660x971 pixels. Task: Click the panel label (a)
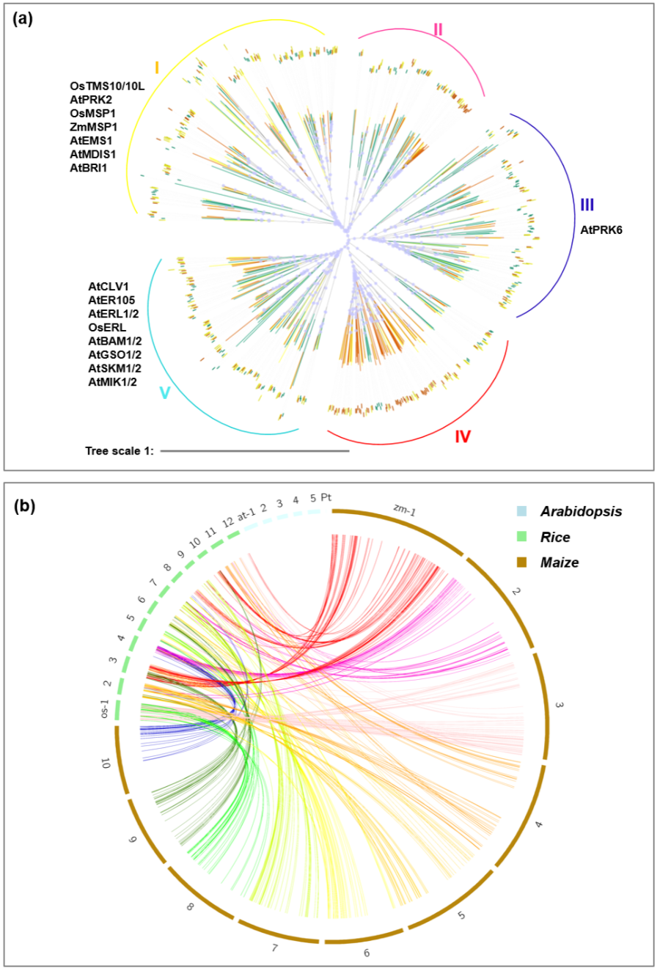coord(23,20)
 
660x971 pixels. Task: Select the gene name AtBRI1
coord(89,168)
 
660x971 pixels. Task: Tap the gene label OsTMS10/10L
coord(107,87)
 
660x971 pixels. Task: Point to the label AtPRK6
coord(601,230)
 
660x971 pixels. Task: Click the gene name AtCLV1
coord(109,286)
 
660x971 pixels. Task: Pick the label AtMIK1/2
coord(113,381)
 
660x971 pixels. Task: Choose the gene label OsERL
coord(107,327)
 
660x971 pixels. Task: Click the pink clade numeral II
coord(438,30)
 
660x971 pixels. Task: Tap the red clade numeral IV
coord(462,436)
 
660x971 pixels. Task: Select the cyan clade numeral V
coord(165,393)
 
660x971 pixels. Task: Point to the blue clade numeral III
coord(587,205)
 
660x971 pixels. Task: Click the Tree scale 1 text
coord(120,450)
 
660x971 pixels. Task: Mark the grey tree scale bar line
coord(254,450)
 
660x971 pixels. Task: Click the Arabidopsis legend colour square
coord(522,511)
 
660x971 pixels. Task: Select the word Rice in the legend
coord(555,537)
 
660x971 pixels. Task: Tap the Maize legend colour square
coord(522,563)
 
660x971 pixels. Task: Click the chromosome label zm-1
coord(404,510)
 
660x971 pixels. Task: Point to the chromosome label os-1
coord(106,709)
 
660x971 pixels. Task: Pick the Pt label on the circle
coord(326,497)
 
